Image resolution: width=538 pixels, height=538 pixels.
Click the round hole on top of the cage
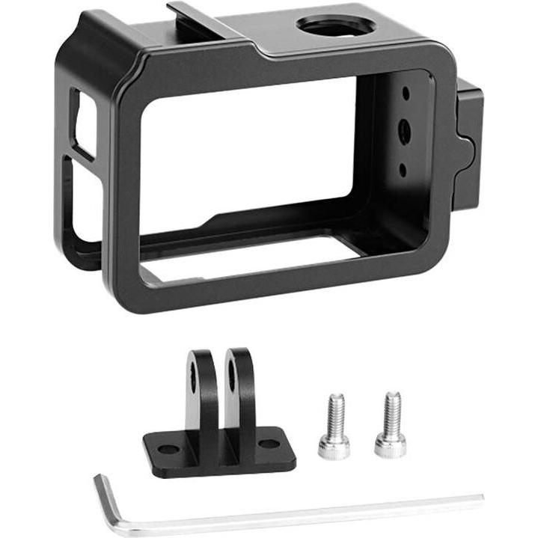coord(336,25)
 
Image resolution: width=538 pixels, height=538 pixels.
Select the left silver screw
coord(334,427)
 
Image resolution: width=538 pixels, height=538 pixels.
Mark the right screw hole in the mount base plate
coord(269,444)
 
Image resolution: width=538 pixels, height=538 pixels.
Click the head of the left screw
coord(334,446)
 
